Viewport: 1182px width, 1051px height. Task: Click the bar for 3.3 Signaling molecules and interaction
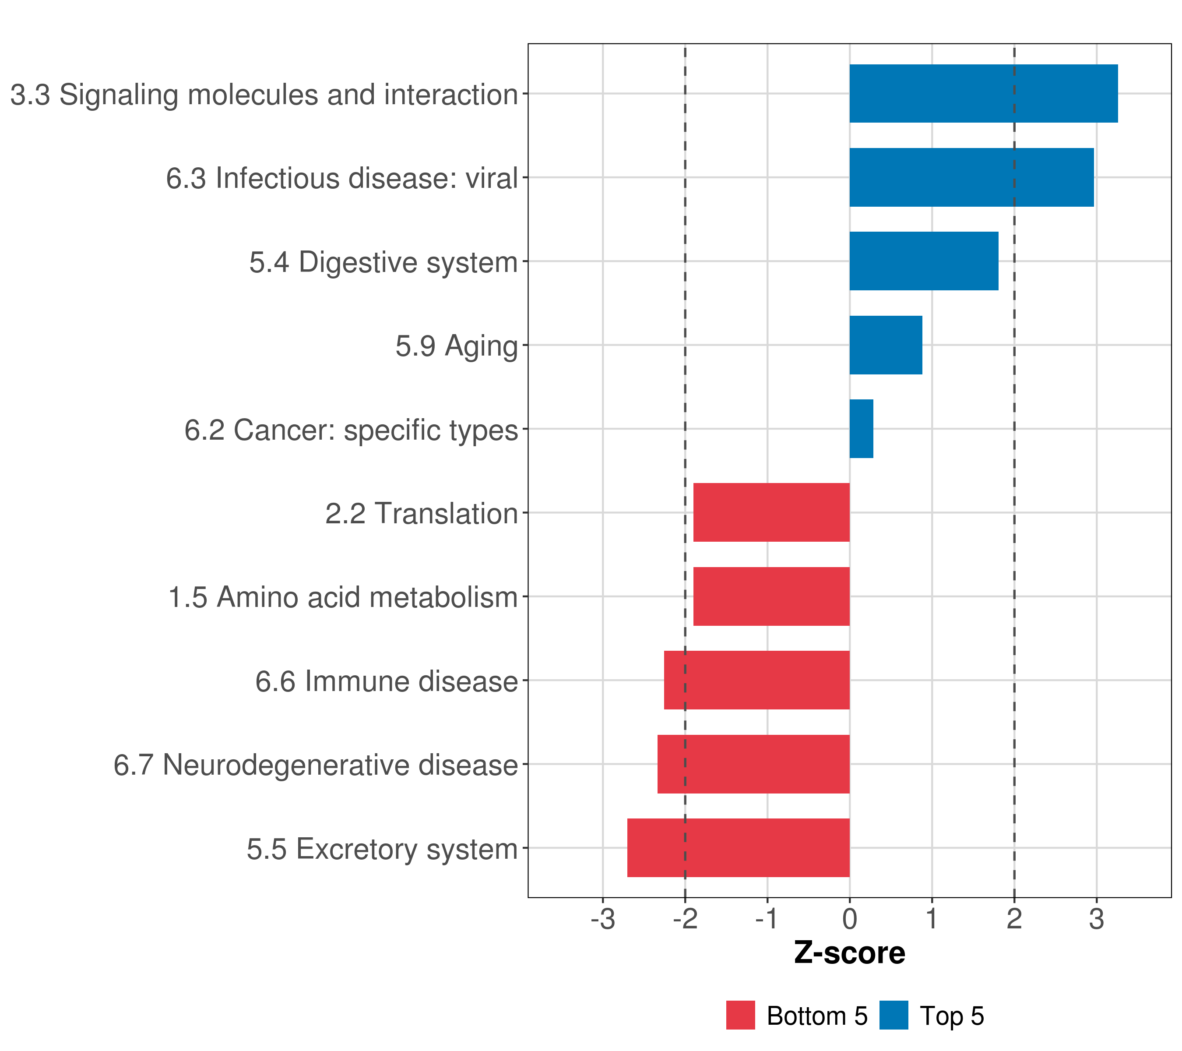click(983, 94)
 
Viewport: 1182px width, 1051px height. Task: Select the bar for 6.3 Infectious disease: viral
click(971, 178)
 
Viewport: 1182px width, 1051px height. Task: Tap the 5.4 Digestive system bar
click(924, 261)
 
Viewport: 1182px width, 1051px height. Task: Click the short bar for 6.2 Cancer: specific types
click(861, 429)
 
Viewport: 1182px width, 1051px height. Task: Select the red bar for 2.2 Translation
click(771, 512)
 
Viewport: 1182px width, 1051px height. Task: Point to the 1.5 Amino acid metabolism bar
click(771, 596)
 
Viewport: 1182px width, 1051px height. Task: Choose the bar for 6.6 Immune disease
click(756, 680)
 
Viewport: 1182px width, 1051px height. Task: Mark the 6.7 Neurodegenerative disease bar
click(753, 764)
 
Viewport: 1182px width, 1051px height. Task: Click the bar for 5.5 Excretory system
click(739, 848)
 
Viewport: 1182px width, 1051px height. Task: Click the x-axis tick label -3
click(602, 920)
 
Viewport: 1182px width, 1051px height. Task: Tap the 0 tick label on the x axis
click(849, 920)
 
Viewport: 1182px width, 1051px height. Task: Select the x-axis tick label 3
click(1097, 920)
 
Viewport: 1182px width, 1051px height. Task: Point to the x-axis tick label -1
click(767, 920)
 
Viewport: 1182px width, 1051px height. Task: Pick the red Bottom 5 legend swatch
click(741, 1016)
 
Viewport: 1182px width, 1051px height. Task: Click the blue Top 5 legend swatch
click(894, 1016)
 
